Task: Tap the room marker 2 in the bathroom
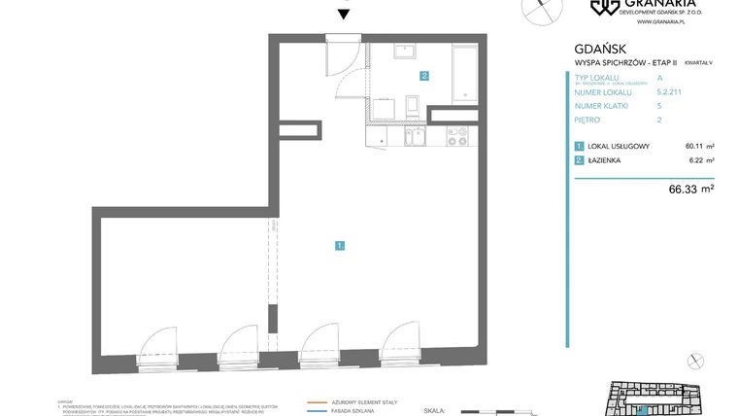coord(424,75)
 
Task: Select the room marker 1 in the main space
coord(340,246)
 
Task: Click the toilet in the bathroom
coord(411,106)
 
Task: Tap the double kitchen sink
coord(415,137)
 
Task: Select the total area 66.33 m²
coord(692,189)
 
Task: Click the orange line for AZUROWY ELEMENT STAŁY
coord(317,401)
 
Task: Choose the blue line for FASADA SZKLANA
coord(317,412)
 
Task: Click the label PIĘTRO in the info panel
coord(587,120)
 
